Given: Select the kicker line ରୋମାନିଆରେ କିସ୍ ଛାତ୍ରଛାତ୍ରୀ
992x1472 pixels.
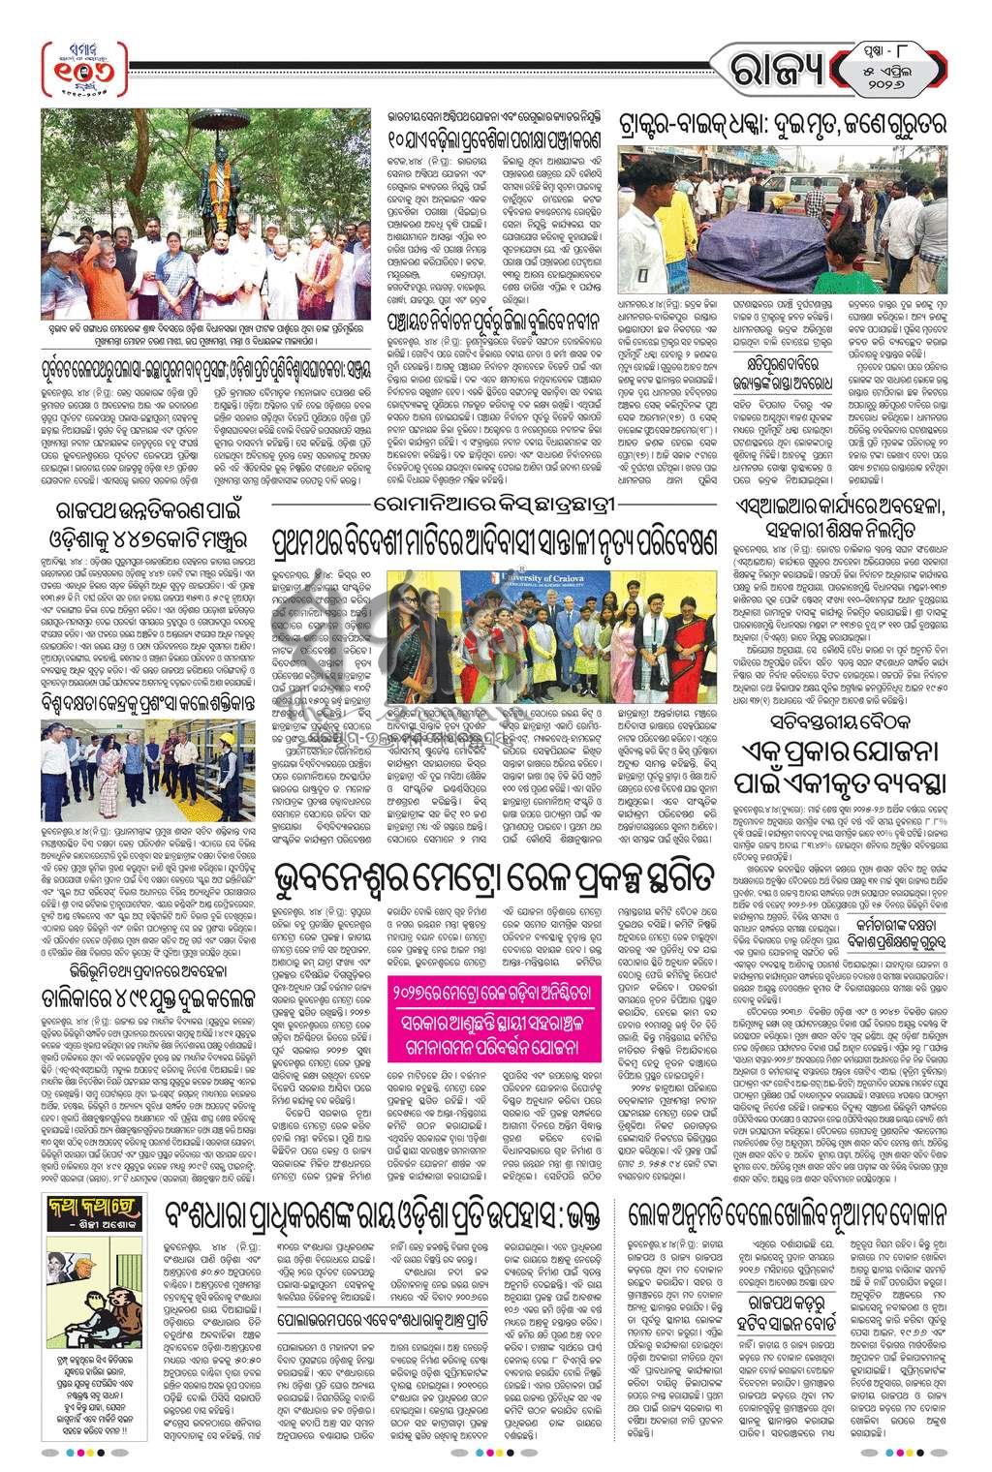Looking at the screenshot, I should click(x=495, y=506).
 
